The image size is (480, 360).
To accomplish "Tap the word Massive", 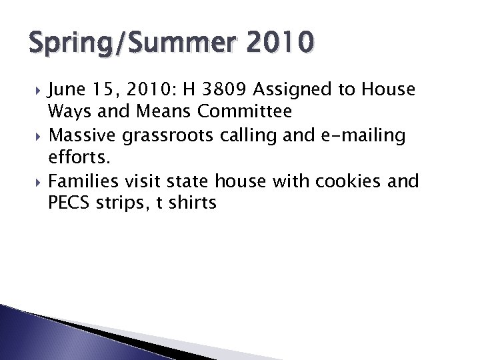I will (84, 137).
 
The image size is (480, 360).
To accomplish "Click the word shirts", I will (194, 203).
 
